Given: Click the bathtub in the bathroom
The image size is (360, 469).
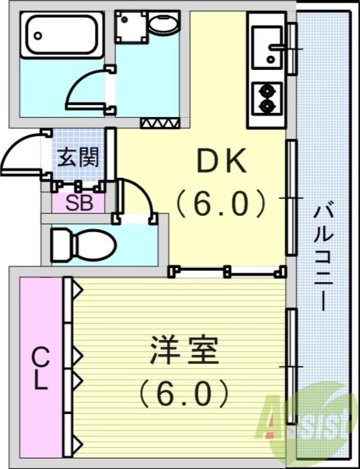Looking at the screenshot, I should click(62, 35).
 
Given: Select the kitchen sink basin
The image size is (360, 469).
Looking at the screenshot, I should click(269, 45).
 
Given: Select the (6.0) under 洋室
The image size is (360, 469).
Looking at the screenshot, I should click(184, 393).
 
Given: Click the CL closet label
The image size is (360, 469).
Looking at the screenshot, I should click(40, 368).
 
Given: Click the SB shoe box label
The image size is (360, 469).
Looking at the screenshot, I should click(77, 203).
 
